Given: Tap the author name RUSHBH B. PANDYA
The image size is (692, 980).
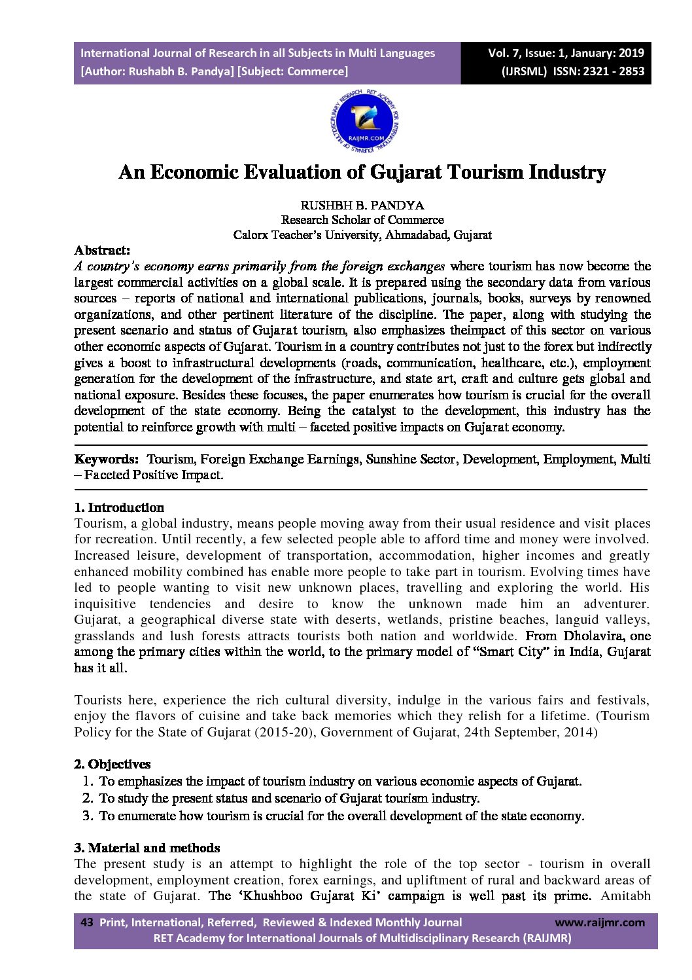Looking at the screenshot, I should point(362,205).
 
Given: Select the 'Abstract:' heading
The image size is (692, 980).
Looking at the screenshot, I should point(102,250).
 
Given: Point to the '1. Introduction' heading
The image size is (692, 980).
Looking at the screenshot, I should point(119,507).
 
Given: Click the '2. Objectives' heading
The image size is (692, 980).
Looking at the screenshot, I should point(112,764).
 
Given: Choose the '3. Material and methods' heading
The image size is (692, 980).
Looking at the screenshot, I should point(147,848).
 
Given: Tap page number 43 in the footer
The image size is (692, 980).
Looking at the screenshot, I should point(86,922).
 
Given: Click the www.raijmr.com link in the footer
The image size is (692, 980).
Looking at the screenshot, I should point(599,922).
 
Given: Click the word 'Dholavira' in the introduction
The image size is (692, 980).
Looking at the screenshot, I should point(595,636).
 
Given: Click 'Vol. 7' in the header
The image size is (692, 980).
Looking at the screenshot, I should point(504,53).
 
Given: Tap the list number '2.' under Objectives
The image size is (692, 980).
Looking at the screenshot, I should point(88,798).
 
